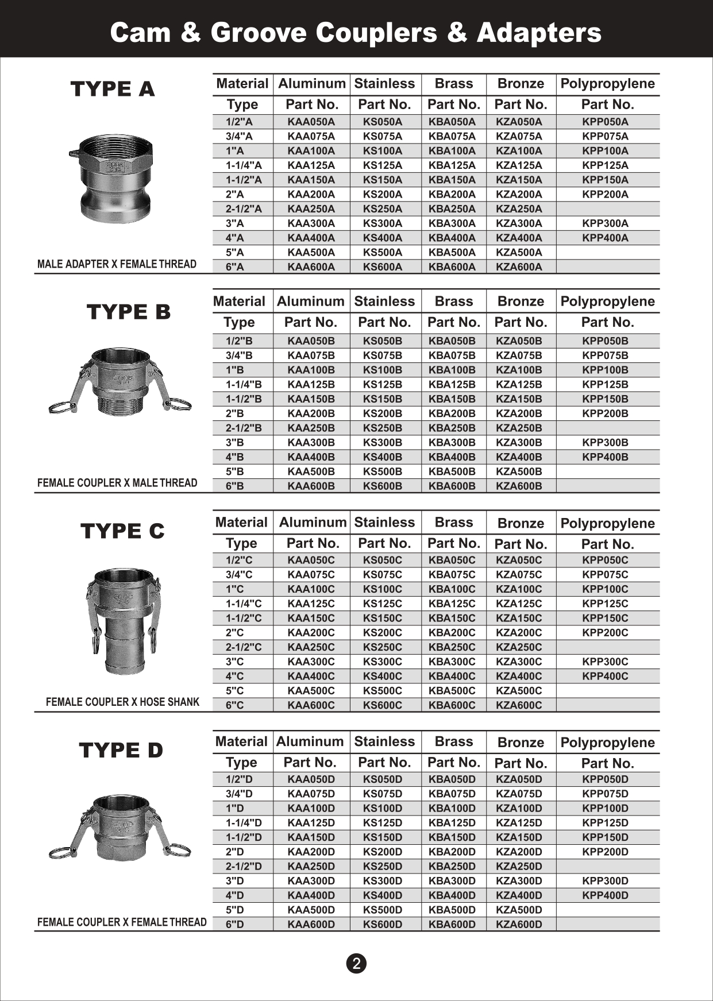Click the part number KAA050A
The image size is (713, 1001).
[x=311, y=122]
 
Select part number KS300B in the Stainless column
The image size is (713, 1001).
[x=382, y=443]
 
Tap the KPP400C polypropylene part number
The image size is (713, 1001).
[x=605, y=676]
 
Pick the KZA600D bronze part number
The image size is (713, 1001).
[x=518, y=925]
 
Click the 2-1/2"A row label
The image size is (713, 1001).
[x=243, y=209]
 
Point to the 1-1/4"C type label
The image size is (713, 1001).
[x=243, y=604]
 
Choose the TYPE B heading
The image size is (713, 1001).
[x=129, y=312]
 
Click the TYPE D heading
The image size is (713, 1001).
[x=121, y=750]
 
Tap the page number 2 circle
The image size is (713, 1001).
[x=356, y=963]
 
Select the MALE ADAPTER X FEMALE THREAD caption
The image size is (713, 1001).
[x=117, y=264]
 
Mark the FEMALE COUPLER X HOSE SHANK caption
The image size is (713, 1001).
[x=122, y=702]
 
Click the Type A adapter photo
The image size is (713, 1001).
[x=115, y=178]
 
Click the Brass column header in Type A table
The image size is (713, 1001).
[x=453, y=84]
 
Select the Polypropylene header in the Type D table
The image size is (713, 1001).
[x=607, y=743]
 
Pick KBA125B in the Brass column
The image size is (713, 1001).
[x=452, y=385]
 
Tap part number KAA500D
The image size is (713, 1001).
[x=311, y=910]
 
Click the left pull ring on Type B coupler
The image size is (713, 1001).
[x=62, y=407]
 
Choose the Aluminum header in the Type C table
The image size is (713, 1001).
[x=313, y=523]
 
